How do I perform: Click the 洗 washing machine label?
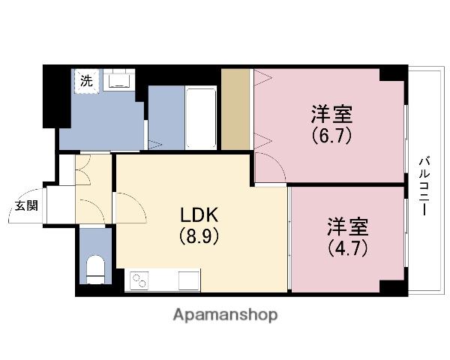(86, 81)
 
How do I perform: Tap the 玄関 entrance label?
(26, 205)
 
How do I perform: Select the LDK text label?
(199, 215)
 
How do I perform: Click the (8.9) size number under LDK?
(199, 236)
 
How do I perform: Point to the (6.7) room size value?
(331, 136)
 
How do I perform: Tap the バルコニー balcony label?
(424, 186)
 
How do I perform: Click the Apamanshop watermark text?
(225, 315)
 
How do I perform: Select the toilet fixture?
(95, 269)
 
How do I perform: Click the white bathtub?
(201, 118)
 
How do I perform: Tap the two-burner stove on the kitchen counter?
(138, 280)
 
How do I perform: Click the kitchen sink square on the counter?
(189, 280)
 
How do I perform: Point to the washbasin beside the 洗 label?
(118, 79)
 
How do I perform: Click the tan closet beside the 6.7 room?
(235, 109)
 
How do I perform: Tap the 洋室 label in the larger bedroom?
(331, 114)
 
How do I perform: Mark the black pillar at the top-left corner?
(56, 96)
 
